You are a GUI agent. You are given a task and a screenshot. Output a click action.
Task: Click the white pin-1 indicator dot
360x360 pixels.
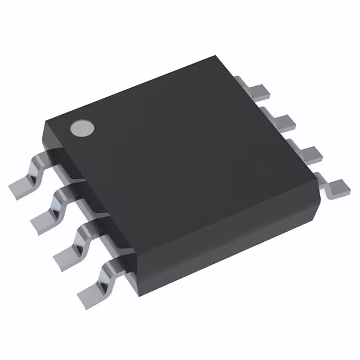pos(82,128)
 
